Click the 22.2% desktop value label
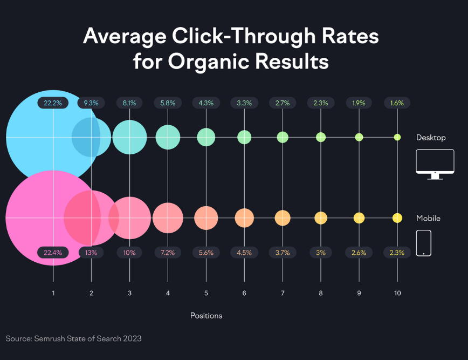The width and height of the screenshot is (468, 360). pyautogui.click(x=52, y=103)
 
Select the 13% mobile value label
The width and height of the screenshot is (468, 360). pyautogui.click(x=91, y=252)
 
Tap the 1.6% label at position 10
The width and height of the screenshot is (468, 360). pyautogui.click(x=397, y=103)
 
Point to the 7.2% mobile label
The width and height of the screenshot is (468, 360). pyautogui.click(x=168, y=252)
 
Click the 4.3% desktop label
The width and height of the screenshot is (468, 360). pyautogui.click(x=206, y=103)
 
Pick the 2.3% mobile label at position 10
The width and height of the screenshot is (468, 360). pyautogui.click(x=397, y=252)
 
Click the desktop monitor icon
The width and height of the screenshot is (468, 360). pyautogui.click(x=435, y=164)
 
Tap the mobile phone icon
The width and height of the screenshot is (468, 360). pyautogui.click(x=424, y=243)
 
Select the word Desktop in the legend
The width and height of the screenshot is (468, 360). pyautogui.click(x=431, y=138)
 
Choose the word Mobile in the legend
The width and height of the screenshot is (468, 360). pyautogui.click(x=428, y=219)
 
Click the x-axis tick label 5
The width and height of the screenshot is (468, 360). pyautogui.click(x=206, y=293)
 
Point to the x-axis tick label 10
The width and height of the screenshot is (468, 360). pyautogui.click(x=397, y=293)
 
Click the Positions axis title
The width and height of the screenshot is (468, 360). pyautogui.click(x=206, y=315)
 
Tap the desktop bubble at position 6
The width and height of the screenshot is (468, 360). pyautogui.click(x=244, y=137)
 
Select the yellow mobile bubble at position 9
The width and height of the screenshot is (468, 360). pyautogui.click(x=359, y=218)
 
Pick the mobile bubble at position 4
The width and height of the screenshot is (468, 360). pyautogui.click(x=168, y=218)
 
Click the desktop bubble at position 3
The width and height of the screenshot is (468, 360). pyautogui.click(x=129, y=137)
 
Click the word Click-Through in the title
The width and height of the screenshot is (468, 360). pyautogui.click(x=231, y=36)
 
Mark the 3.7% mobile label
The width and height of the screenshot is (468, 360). pyautogui.click(x=283, y=252)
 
